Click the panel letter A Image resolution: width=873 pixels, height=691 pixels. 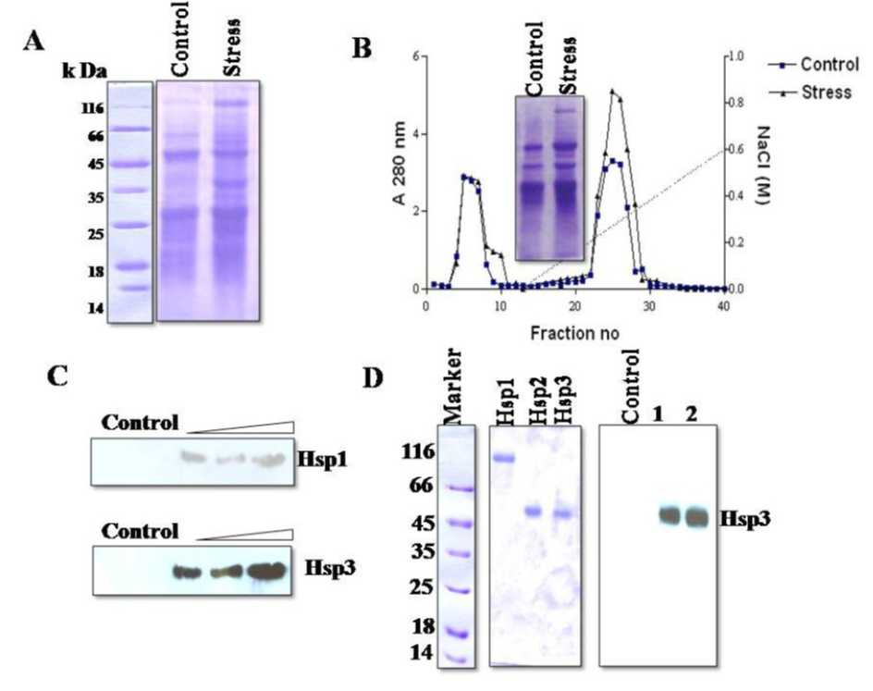(34, 43)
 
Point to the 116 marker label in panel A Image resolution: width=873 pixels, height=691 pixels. (92, 108)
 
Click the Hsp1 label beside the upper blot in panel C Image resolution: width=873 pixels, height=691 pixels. (321, 456)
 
